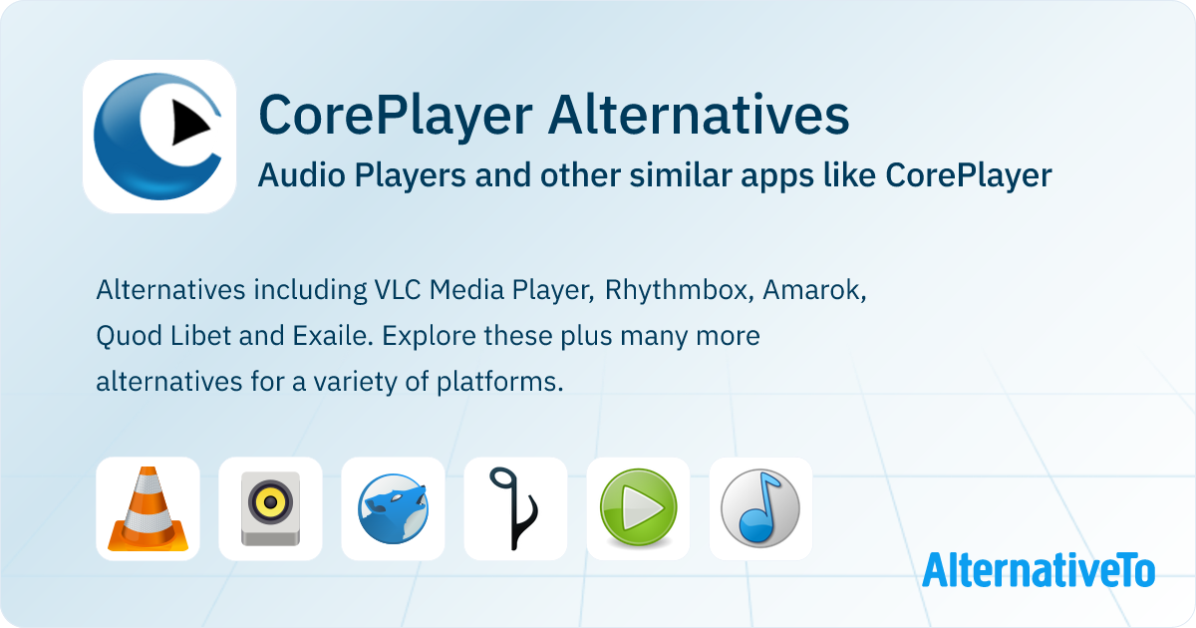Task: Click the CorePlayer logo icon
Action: click(159, 137)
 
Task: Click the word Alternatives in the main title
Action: click(699, 116)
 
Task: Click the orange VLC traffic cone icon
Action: click(148, 509)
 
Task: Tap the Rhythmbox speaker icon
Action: click(270, 509)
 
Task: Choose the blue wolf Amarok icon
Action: click(393, 509)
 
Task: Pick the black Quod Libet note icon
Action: click(513, 509)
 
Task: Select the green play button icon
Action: click(639, 507)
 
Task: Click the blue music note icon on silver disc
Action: click(760, 509)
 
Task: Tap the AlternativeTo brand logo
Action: click(1039, 570)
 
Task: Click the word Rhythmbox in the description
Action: click(679, 290)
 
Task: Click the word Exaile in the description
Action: click(332, 336)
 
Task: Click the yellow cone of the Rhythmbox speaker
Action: click(270, 502)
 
